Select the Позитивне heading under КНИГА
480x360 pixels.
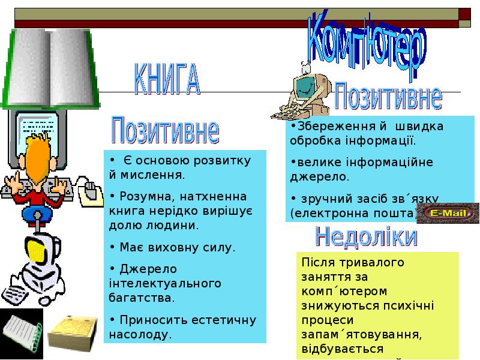[x=165, y=129]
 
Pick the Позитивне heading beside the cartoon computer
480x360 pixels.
[x=388, y=95]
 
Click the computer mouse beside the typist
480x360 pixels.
[x=89, y=190]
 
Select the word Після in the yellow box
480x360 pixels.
[x=319, y=263]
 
